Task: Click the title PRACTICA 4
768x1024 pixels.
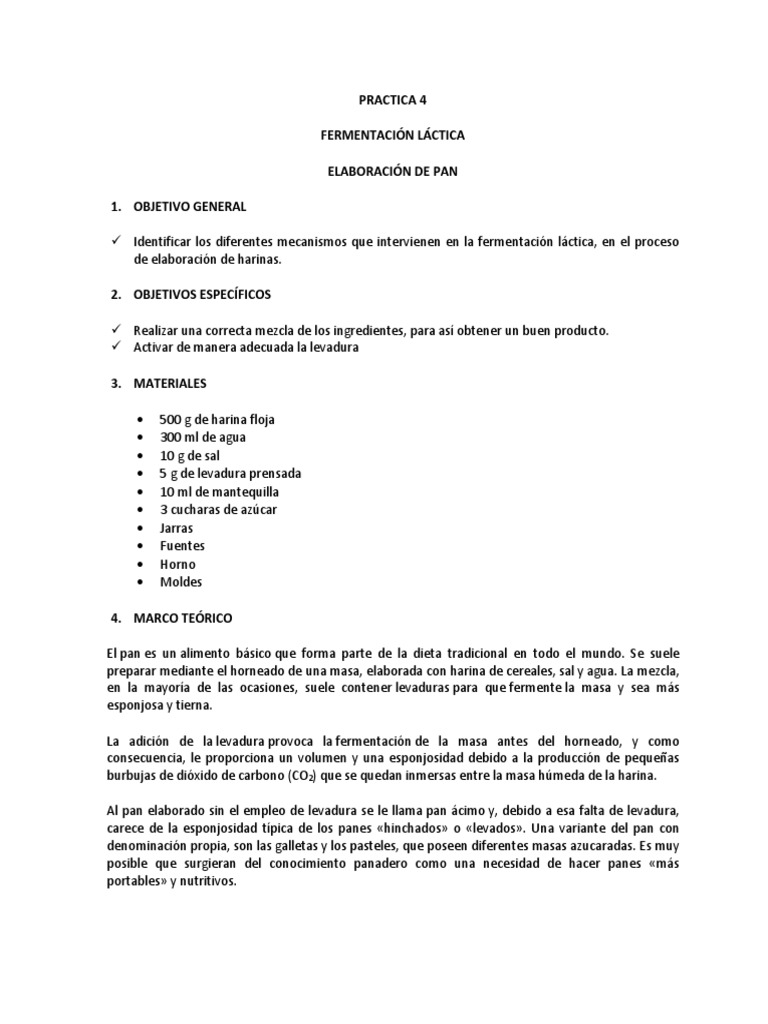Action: (384, 100)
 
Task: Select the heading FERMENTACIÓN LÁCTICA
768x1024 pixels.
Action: (384, 135)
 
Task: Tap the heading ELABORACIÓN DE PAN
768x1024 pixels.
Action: (384, 171)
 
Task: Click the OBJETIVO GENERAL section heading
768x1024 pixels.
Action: (189, 207)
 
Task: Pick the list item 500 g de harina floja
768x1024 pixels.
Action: (216, 420)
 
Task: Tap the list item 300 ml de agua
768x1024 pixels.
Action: (202, 438)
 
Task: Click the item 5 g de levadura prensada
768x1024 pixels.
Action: (230, 474)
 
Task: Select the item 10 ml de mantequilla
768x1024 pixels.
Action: (219, 492)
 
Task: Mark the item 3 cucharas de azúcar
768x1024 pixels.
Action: (218, 510)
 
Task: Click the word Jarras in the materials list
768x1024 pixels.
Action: (176, 528)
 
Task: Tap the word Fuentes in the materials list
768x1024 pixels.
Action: (182, 546)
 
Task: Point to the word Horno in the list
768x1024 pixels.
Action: (177, 564)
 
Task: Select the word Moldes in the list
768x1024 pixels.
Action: (180, 582)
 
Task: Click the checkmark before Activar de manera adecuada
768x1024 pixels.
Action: (116, 347)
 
